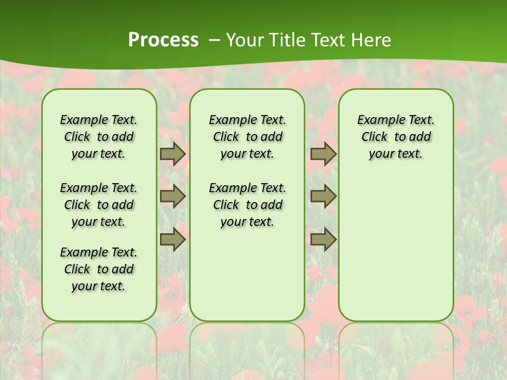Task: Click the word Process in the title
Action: pos(163,40)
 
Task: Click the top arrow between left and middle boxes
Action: pos(173,154)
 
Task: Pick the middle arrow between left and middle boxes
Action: pos(173,196)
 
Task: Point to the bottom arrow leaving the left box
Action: pos(173,240)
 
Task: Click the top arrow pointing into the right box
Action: pos(323,154)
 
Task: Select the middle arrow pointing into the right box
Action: pos(323,196)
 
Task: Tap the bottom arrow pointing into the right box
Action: pos(323,240)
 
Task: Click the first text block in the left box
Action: pos(99,137)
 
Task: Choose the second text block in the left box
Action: pos(99,205)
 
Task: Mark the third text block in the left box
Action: pos(99,269)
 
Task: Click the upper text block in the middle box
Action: pos(247,137)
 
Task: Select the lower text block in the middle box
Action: pos(247,205)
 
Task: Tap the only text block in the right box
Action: pos(396,137)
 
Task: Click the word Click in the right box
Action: pos(374,137)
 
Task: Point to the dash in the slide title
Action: pos(214,40)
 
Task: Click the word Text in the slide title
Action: pos(328,40)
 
